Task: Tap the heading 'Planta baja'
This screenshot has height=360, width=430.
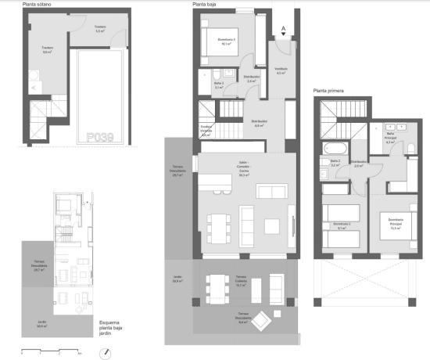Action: pos(205,5)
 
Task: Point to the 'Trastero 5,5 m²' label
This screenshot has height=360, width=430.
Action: pos(100,31)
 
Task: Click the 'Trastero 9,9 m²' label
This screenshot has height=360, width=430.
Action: pos(47,50)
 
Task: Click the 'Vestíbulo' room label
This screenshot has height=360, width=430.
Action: pos(281,70)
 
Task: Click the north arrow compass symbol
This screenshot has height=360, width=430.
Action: pos(103,352)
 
